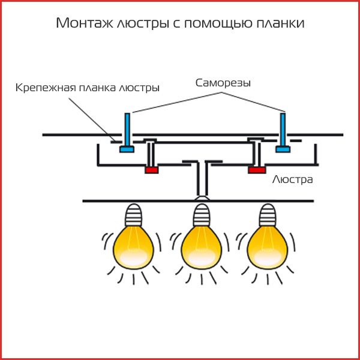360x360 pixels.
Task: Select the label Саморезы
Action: coord(223,83)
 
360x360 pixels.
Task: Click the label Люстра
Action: coord(293,179)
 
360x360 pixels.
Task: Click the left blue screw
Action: coord(127,132)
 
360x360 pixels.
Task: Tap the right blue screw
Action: coord(282,132)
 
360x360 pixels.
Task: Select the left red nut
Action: coord(151,170)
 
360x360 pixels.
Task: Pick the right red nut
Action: coord(257,170)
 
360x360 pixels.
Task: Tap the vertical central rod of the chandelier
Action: coord(202,180)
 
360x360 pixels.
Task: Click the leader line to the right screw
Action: coord(252,100)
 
